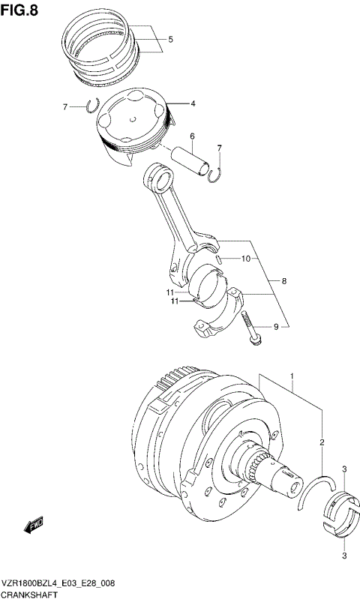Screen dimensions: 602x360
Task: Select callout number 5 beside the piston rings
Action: (x=170, y=39)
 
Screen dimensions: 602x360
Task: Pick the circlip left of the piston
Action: (x=91, y=106)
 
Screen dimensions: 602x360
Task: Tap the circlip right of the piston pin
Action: (x=215, y=175)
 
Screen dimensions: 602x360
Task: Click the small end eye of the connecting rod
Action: (x=160, y=178)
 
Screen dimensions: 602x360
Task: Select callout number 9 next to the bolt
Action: (x=275, y=326)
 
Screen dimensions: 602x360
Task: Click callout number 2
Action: (x=321, y=443)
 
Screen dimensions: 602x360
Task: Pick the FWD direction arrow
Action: (x=35, y=524)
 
